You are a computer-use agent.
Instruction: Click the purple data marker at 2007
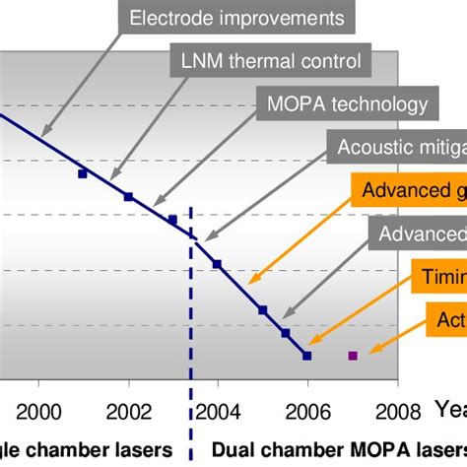(353, 355)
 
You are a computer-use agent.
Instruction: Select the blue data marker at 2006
(307, 355)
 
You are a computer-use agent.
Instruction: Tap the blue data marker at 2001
(83, 173)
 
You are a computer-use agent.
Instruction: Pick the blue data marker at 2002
(128, 197)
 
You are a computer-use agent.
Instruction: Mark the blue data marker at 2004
(218, 264)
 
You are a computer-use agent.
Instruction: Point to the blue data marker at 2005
(263, 310)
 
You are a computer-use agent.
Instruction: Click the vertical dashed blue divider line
(191, 296)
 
